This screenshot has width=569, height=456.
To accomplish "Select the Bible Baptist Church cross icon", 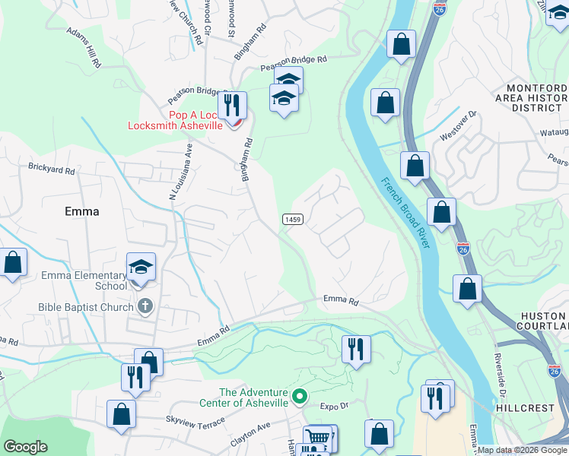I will click(145, 307).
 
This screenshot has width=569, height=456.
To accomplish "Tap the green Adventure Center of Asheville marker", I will click(300, 397).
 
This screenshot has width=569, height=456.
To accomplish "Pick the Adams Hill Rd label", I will click(84, 49).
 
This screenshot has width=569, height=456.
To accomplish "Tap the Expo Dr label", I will click(333, 407).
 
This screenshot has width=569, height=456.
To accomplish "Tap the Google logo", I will click(26, 446).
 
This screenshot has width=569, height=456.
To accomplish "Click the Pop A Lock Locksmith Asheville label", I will click(195, 119).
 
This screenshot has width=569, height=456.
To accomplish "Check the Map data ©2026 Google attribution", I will click(522, 450).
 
